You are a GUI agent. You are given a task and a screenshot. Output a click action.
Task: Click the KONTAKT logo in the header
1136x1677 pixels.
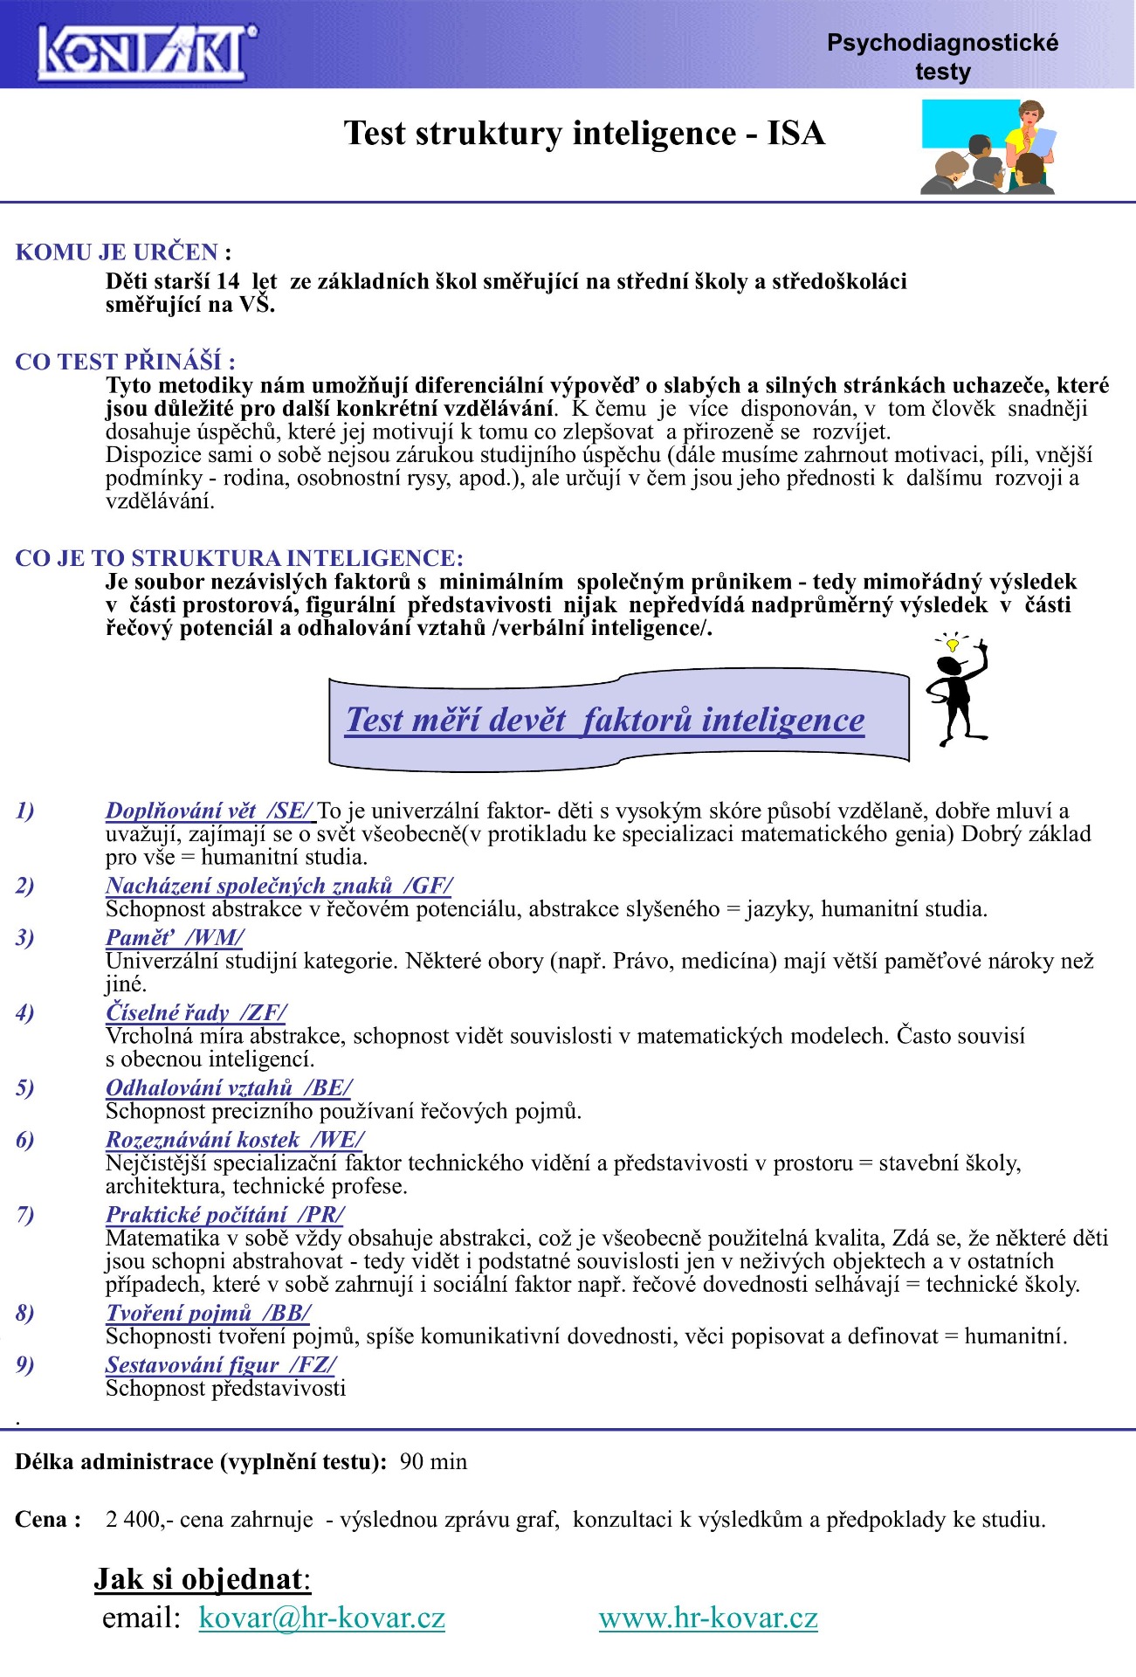tap(147, 51)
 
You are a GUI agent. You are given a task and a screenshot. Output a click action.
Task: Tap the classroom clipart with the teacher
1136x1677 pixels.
tap(988, 147)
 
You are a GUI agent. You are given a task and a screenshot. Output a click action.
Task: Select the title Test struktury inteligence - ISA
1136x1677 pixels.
tap(584, 134)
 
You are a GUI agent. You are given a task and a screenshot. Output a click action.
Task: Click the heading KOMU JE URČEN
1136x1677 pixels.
tap(123, 252)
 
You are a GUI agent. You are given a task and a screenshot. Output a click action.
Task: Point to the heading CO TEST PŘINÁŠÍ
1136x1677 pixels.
tap(125, 362)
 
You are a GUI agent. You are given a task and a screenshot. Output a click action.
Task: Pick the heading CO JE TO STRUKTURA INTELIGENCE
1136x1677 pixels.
tap(239, 558)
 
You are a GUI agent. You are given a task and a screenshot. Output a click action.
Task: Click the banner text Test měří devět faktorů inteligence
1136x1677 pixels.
tap(605, 720)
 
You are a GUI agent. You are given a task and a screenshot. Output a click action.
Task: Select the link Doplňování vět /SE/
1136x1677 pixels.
tap(210, 811)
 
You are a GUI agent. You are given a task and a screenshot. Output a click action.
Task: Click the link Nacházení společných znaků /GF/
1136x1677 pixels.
tap(279, 886)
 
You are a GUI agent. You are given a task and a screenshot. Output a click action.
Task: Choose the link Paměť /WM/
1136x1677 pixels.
tap(175, 937)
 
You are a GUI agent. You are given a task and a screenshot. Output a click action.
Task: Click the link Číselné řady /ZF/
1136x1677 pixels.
tap(196, 1012)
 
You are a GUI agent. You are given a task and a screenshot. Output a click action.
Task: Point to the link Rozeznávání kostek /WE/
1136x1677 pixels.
tap(235, 1140)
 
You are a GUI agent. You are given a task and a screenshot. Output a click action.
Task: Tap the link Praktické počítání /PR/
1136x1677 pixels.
tap(225, 1215)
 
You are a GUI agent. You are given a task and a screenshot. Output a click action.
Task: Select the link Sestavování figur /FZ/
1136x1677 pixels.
tap(220, 1365)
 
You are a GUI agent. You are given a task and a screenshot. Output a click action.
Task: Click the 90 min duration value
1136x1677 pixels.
tap(433, 1462)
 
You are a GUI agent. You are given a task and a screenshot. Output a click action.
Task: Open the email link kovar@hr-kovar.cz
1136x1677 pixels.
tap(321, 1618)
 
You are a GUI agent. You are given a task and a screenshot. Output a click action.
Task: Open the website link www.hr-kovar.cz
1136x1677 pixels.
tap(708, 1618)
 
